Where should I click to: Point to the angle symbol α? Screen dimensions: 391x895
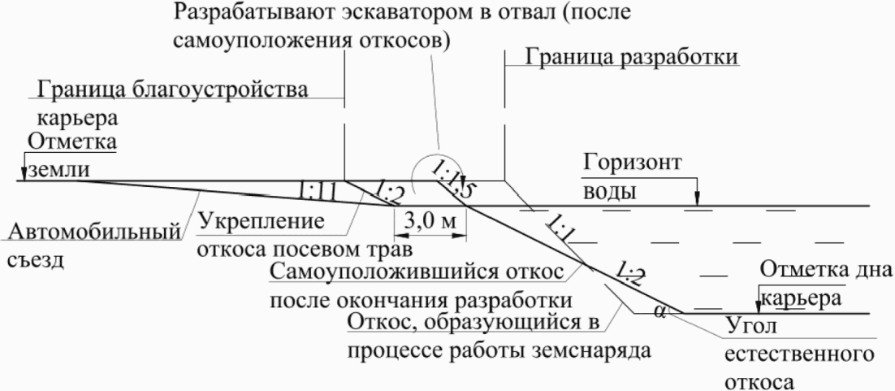659,309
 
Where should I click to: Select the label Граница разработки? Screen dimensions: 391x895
633,59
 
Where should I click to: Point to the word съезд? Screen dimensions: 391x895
37,263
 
